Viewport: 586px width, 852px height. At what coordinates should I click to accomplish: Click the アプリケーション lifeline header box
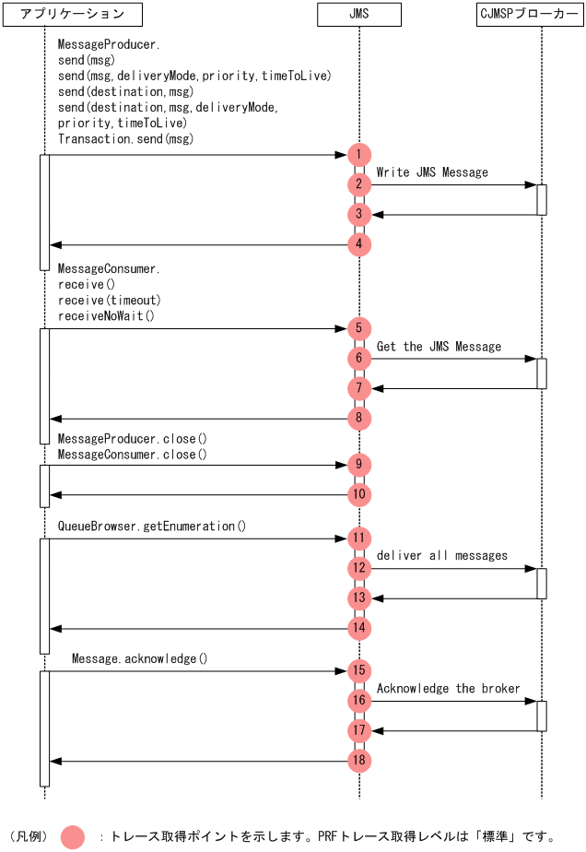point(72,14)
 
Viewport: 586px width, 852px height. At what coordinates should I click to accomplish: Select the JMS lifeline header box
point(359,14)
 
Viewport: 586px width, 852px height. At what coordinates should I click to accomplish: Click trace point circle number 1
point(359,155)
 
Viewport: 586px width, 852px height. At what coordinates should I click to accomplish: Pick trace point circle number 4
point(359,244)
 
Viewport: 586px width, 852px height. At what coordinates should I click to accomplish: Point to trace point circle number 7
point(359,388)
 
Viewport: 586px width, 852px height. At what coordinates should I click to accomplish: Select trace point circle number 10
point(359,494)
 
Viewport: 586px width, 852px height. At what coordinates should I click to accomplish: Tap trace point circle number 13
point(359,598)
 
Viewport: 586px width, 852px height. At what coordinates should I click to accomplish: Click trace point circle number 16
point(359,701)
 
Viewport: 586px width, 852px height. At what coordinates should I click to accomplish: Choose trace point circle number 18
point(359,761)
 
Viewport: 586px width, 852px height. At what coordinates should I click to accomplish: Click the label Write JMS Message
point(432,172)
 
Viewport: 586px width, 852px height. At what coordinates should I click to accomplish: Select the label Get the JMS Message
point(439,347)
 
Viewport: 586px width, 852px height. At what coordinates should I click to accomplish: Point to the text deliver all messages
point(442,556)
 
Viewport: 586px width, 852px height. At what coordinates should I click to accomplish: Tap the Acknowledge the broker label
point(449,689)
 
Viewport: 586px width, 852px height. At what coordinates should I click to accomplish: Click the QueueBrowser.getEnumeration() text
point(152,527)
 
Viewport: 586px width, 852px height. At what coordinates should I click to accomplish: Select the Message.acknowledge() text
point(140,659)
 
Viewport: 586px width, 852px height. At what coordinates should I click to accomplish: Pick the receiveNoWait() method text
point(106,315)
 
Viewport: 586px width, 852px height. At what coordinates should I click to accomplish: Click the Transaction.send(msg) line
point(126,139)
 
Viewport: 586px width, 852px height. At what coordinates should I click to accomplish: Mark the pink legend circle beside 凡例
point(73,836)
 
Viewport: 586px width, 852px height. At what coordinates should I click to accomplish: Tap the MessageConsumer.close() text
point(133,455)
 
